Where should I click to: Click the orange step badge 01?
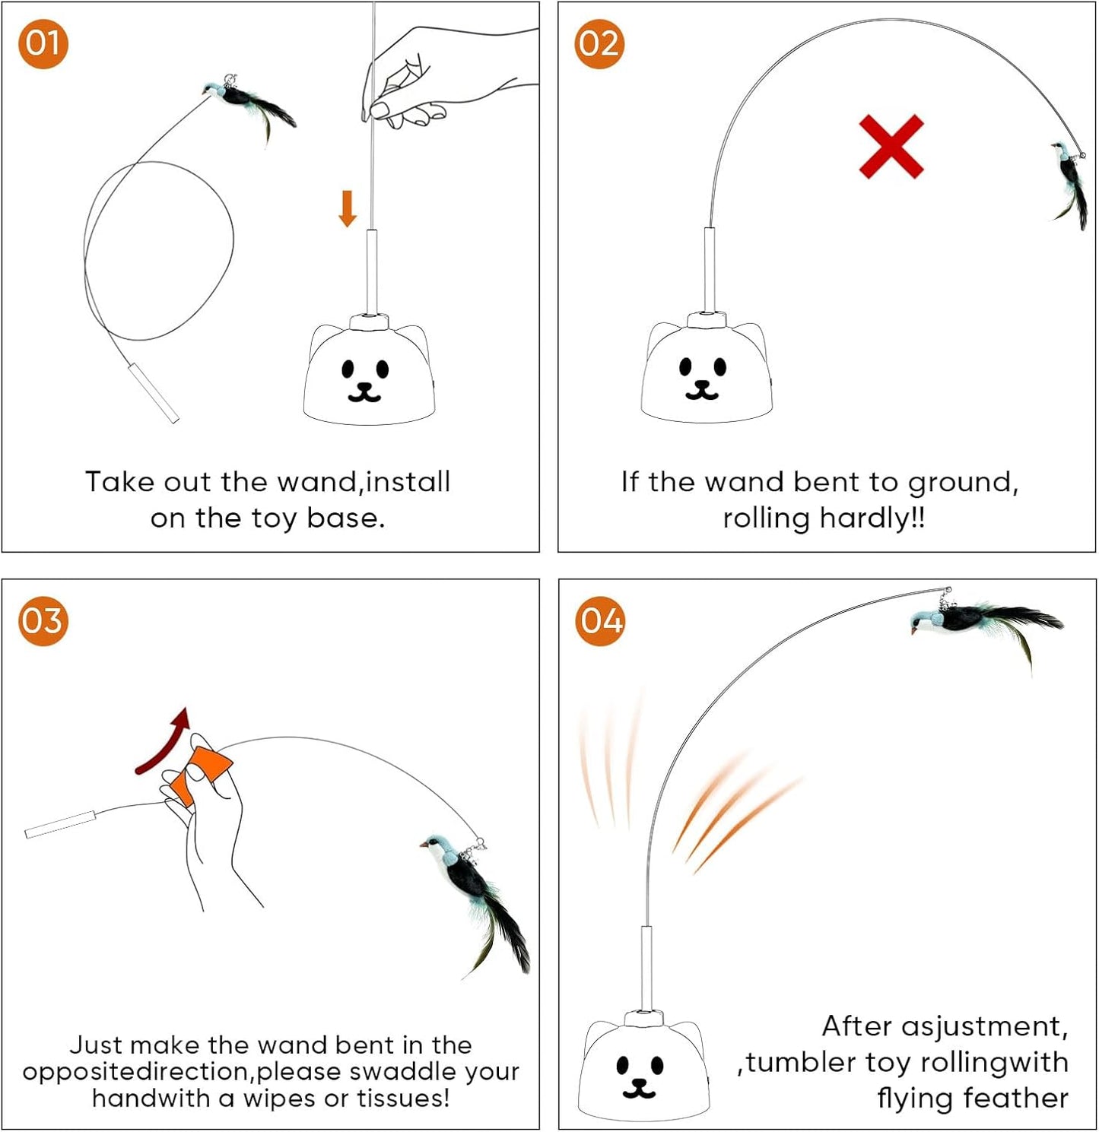tap(43, 44)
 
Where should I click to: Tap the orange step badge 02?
tap(599, 44)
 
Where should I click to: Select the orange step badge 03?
tap(43, 621)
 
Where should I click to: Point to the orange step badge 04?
tap(599, 621)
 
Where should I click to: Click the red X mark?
tap(891, 147)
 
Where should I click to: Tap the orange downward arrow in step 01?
tap(348, 208)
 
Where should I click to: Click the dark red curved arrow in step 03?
tap(164, 740)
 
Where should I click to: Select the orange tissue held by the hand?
tap(199, 772)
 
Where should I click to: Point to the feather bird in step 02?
tap(1071, 182)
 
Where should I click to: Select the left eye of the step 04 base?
tap(624, 1064)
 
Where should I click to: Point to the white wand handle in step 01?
tap(153, 392)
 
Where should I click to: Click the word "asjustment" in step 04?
tap(983, 1026)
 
